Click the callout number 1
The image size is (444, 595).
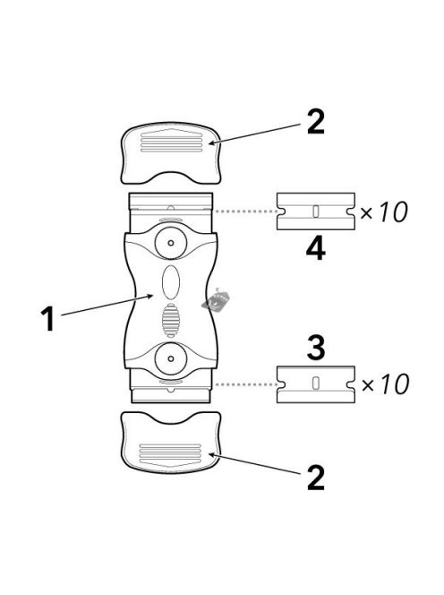coord(48,319)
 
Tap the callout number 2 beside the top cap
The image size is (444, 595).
coord(316,122)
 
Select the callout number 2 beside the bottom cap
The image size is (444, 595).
coord(316,478)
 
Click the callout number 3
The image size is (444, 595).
coord(316,347)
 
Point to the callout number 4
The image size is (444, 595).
coord(315,249)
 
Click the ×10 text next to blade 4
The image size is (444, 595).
coord(384,211)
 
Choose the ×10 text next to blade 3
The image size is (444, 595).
coord(385,384)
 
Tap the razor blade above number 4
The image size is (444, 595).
coord(316,211)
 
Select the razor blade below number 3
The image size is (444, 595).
coord(316,384)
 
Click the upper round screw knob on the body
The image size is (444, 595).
coord(171,243)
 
